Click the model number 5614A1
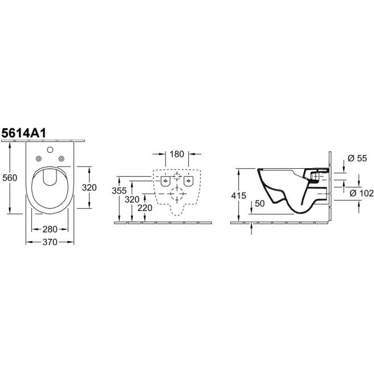[23, 133]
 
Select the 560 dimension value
[10, 178]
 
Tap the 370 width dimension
[50, 242]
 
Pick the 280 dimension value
[50, 229]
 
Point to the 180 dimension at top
[177, 154]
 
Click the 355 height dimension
[119, 190]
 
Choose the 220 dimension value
[145, 208]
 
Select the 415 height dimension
[238, 196]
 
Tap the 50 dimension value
[260, 204]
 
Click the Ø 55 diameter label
[357, 158]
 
